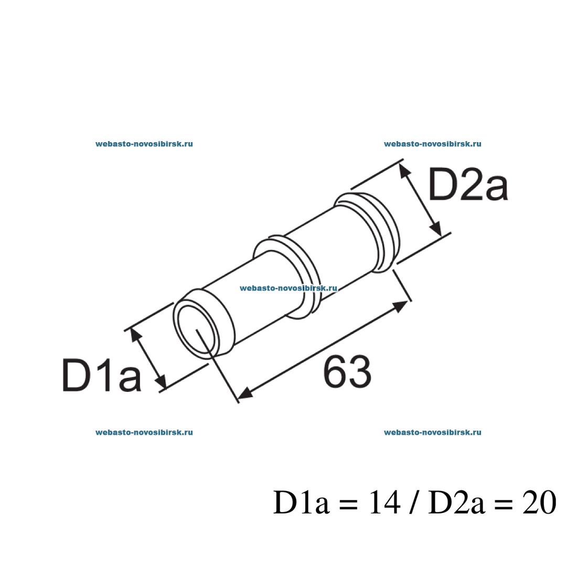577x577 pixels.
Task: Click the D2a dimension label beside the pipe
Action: (x=467, y=185)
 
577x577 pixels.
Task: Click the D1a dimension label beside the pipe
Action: (x=101, y=375)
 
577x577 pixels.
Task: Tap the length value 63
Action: (x=347, y=372)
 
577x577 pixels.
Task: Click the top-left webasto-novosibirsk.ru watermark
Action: (x=144, y=143)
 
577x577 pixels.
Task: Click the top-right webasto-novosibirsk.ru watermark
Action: (x=433, y=143)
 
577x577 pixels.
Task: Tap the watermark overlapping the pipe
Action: (x=288, y=288)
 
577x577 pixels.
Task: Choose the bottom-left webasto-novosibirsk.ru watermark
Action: (x=144, y=432)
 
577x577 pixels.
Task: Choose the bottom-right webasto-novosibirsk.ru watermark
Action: (x=433, y=432)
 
